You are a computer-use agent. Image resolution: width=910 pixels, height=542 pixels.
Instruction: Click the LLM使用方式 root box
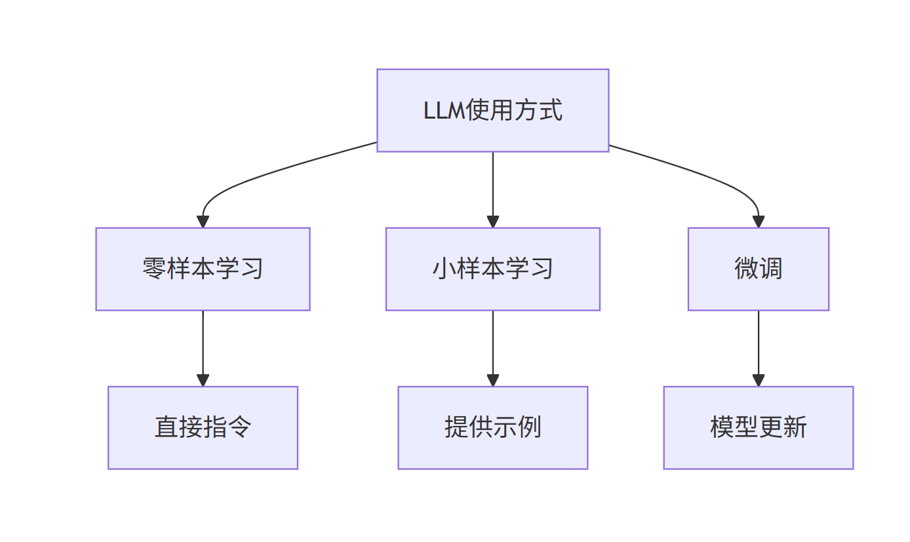point(492,110)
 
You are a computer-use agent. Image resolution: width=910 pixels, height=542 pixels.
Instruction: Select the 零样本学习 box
point(203,269)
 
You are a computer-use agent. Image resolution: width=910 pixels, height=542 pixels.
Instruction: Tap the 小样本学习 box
point(492,269)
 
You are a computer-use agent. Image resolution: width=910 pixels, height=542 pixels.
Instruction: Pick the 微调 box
point(758,269)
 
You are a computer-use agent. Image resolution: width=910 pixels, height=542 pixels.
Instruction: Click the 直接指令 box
point(203,427)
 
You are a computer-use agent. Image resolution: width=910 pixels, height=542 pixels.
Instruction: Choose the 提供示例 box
point(492,427)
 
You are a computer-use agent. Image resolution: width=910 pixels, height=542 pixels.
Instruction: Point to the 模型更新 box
point(758,427)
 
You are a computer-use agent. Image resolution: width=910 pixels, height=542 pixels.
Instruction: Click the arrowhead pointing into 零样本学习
point(203,222)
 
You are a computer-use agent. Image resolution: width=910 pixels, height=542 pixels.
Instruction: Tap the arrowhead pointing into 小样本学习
point(492,222)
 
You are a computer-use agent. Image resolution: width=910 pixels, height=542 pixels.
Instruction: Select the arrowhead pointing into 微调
point(758,222)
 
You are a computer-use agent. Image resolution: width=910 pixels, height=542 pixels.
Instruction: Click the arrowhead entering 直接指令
point(203,380)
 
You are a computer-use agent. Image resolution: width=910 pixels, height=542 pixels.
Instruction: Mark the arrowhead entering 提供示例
point(492,380)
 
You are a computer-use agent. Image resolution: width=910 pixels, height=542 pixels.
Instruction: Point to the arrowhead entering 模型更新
point(758,380)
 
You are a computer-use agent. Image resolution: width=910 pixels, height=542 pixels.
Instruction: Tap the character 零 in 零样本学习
point(154,269)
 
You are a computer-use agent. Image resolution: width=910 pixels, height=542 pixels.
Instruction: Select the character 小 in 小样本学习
point(444,269)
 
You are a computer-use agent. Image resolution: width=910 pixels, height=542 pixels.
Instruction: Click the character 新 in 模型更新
point(795,427)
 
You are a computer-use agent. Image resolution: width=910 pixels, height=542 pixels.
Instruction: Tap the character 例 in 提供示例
point(529,427)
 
